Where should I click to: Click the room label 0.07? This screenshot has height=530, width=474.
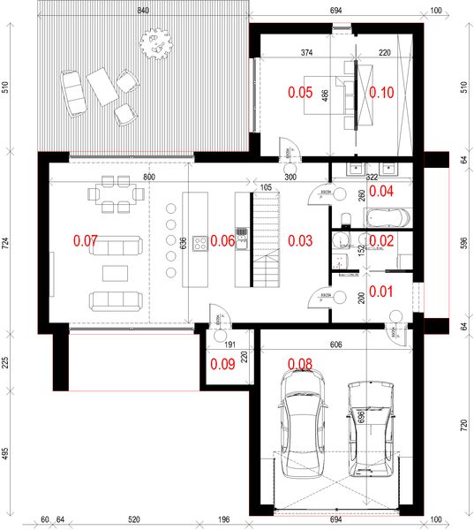coord(86,240)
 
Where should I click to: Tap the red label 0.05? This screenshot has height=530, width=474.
coord(302,91)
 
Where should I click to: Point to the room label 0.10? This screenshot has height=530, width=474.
coord(381,91)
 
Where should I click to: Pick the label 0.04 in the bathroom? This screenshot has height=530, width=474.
coord(381,190)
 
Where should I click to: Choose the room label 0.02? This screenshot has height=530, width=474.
coord(381,240)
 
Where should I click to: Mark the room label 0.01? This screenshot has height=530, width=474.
coord(381,291)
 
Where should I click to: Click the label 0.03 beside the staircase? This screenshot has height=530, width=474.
coord(301,240)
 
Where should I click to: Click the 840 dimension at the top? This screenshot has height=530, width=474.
coord(143,10)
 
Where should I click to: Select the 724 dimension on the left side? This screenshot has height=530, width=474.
coord(6,242)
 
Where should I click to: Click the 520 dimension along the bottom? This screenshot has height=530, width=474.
coord(134,520)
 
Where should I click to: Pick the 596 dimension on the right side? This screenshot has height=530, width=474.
coord(464,242)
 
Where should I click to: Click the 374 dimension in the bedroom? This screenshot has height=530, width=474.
coord(306,53)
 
